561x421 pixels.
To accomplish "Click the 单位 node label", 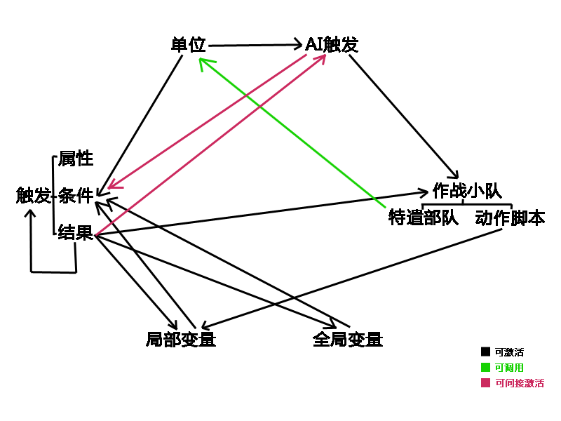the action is pos(189,45).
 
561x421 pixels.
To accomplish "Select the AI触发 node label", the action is pos(332,45).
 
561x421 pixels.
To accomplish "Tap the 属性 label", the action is pos(76,159).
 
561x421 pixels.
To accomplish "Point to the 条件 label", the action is pos(76,196).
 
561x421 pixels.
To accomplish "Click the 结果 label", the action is pos(76,232).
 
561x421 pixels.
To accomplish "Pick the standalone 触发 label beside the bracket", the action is pos(33,196).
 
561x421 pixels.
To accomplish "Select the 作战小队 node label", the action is pos(467,190).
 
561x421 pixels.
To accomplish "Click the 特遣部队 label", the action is pos(424,218).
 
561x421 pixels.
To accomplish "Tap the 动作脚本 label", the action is pos(511,218).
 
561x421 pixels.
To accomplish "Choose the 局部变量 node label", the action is pos(181,339).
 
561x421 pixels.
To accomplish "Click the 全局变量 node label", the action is pos(348,339).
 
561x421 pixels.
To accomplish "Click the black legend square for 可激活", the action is pos(485,352).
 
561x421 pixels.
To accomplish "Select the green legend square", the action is pos(485,367).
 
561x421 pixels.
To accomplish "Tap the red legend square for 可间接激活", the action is pos(485,382).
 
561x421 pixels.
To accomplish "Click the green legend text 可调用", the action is pos(509,368).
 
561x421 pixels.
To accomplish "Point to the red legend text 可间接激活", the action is pos(520,383).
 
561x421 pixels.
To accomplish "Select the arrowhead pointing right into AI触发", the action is pos(297,44).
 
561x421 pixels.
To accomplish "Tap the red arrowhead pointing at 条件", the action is pos(114,184).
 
